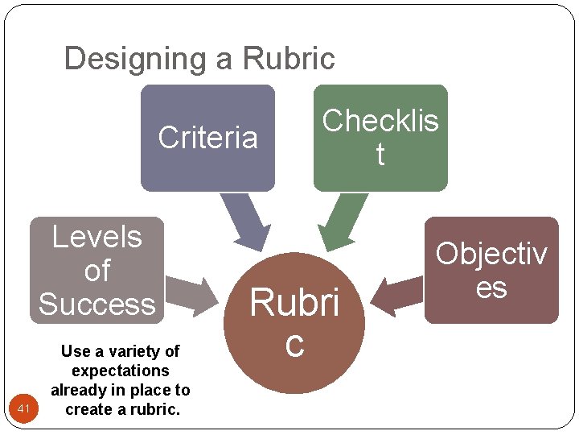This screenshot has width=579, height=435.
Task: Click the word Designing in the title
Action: click(135, 60)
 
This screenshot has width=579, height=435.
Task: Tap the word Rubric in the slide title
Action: click(289, 58)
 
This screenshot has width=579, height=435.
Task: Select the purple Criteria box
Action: click(208, 138)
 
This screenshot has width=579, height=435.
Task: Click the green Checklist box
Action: click(380, 138)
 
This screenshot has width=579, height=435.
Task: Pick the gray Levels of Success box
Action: click(96, 270)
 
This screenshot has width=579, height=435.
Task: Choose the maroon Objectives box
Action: click(491, 270)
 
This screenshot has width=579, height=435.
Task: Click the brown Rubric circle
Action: click(294, 322)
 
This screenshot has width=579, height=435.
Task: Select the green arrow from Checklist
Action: click(343, 222)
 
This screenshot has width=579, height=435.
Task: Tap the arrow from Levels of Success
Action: click(192, 296)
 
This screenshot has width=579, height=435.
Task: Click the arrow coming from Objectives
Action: click(396, 296)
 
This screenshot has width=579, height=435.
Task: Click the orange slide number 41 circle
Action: click(23, 408)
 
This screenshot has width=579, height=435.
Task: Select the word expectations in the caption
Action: click(121, 371)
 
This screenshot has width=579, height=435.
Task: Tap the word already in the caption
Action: click(75, 391)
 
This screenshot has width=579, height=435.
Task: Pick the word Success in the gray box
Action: click(97, 304)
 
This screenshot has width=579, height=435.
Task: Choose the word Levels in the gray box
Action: click(97, 237)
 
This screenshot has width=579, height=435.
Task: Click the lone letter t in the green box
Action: click(380, 154)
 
